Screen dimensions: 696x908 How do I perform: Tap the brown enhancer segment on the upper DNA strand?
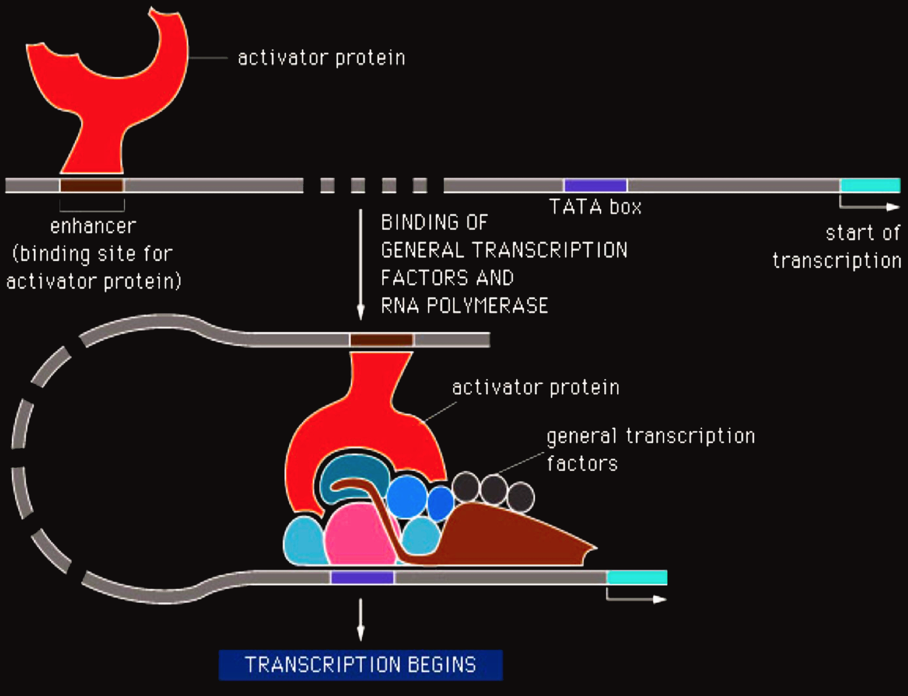coord(92,185)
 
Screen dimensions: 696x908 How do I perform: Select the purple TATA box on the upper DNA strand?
coord(595,185)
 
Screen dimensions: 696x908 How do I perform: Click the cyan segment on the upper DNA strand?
coord(870,185)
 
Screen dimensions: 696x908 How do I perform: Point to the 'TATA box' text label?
coord(595,207)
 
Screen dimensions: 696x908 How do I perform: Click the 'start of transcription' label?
coord(837,247)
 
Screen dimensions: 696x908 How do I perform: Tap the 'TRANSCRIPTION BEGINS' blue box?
coord(361,665)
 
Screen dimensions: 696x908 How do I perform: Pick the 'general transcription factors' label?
coord(651,449)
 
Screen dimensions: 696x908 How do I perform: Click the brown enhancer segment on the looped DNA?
coord(382,339)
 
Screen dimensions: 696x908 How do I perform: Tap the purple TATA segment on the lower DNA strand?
coord(362,578)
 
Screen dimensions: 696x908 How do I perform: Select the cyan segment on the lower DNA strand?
coord(637,578)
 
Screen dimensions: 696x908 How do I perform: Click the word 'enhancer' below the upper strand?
coord(93,226)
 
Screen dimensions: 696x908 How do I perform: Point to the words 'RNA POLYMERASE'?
coord(464,306)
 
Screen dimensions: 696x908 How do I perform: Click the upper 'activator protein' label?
coord(321,58)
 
